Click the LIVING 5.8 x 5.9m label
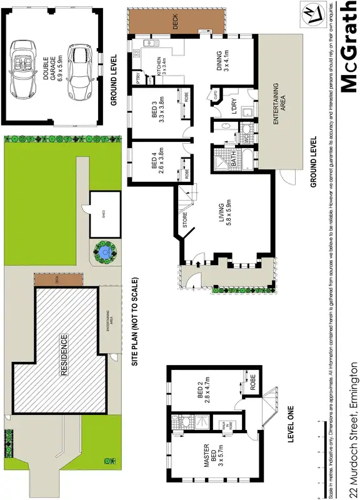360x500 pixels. coord(225,213)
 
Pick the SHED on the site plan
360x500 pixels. coord(103,214)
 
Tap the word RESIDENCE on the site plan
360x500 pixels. coord(63,354)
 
